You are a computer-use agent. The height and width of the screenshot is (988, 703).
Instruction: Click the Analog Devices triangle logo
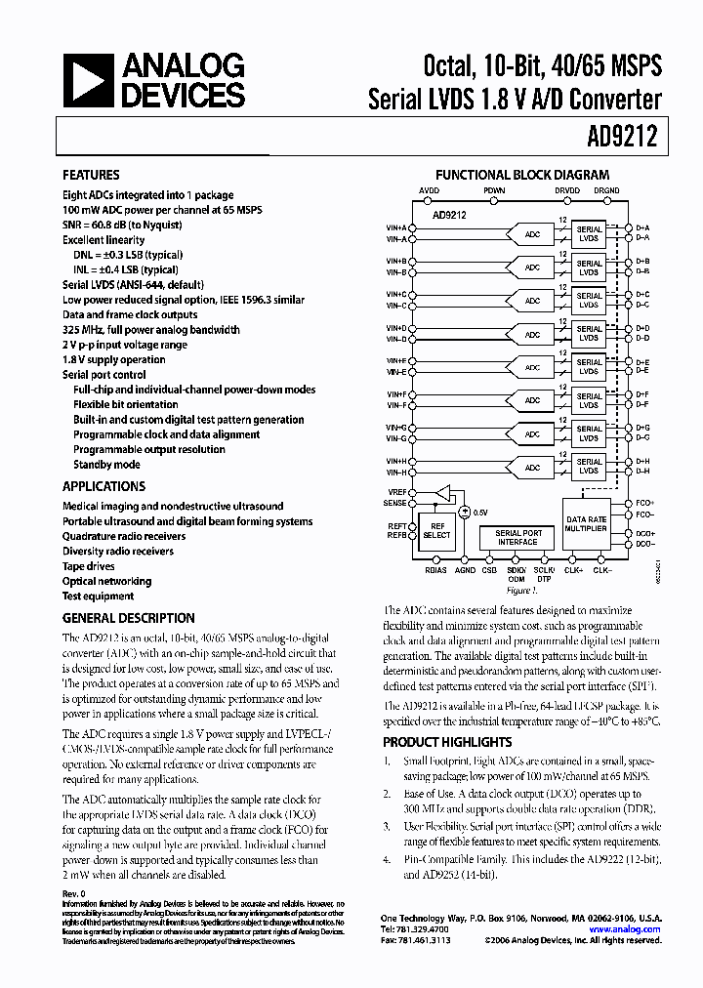pyautogui.click(x=85, y=81)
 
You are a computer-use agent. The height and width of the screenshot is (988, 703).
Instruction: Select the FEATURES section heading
pyautogui.click(x=91, y=175)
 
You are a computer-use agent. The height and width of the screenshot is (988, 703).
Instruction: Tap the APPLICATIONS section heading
pyautogui.click(x=103, y=486)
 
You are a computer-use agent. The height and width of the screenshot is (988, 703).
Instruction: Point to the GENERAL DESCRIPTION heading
pyautogui.click(x=128, y=618)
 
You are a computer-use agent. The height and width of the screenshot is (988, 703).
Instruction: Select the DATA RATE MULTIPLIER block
pyautogui.click(x=586, y=524)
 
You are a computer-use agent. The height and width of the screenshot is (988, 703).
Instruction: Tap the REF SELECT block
pyautogui.click(x=436, y=530)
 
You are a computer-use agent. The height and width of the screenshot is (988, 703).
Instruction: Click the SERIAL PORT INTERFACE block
pyautogui.click(x=517, y=538)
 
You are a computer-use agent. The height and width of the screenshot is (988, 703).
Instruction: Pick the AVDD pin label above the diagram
pyautogui.click(x=429, y=191)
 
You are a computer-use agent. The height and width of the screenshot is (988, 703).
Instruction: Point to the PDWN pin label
pyautogui.click(x=494, y=191)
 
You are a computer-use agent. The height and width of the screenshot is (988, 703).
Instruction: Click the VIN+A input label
pyautogui.click(x=396, y=227)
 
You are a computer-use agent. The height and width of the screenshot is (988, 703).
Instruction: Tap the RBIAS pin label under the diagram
pyautogui.click(x=436, y=569)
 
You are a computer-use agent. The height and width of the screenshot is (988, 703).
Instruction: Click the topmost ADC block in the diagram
pyautogui.click(x=532, y=233)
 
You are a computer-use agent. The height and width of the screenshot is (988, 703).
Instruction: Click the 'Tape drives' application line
pyautogui.click(x=89, y=566)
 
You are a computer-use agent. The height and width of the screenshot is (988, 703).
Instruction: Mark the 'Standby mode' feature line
pyautogui.click(x=106, y=465)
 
